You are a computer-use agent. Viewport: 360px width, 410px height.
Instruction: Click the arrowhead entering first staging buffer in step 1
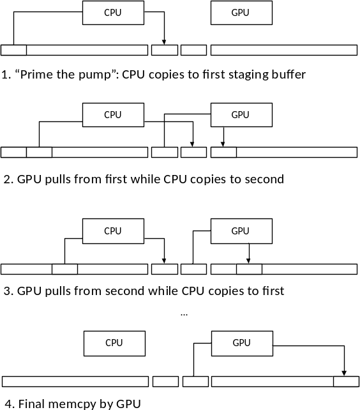point(164,42)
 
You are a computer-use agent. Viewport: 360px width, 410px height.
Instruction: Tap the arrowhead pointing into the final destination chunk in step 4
point(344,373)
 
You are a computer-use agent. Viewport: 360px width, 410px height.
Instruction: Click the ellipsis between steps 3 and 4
point(184,315)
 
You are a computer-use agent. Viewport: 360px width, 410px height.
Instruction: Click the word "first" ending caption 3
point(274,291)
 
